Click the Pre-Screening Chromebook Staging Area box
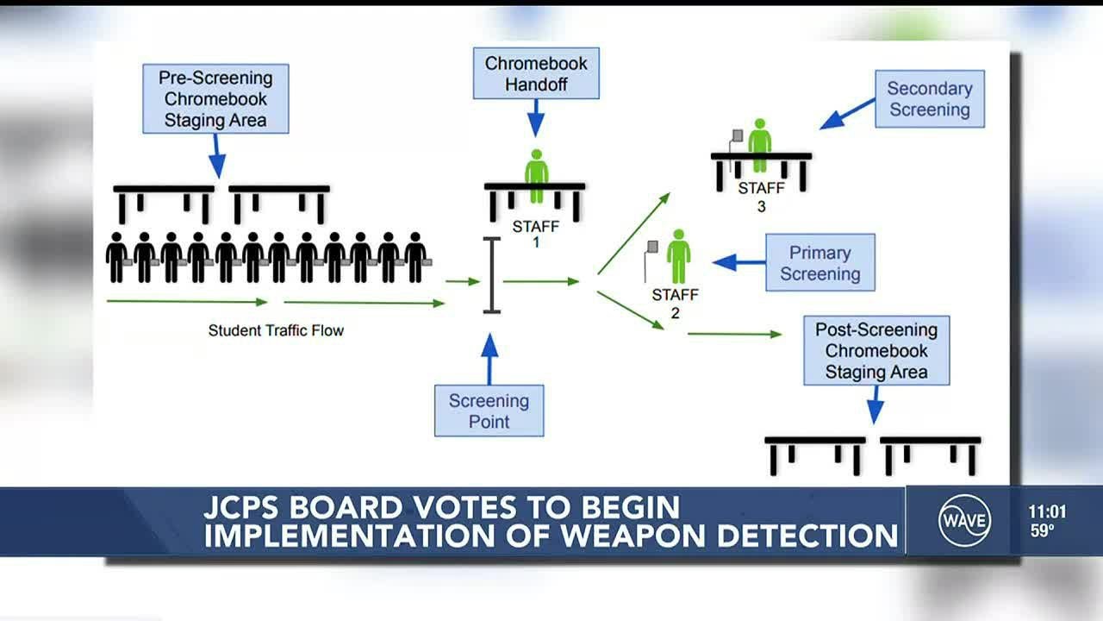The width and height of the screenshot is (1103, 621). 215,99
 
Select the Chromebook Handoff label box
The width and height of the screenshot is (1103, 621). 536,73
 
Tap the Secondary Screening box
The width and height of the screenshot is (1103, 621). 930,99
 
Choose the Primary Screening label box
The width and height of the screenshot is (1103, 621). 819,263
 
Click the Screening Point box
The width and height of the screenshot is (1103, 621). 489,411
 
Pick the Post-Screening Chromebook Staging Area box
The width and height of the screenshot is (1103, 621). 876,351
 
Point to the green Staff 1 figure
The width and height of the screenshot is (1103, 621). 536,176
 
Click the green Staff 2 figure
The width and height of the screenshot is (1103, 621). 678,256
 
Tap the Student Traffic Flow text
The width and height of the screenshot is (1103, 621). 276,330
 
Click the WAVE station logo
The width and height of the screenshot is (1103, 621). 964,521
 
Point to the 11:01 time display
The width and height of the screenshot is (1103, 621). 1047,511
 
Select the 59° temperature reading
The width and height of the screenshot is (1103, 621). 1042,531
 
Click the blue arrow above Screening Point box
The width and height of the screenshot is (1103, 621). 489,359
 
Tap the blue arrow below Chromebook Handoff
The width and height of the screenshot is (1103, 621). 536,117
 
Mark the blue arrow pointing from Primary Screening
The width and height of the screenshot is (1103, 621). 739,262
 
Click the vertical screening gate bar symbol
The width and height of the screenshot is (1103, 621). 492,275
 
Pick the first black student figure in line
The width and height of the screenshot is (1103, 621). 116,257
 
